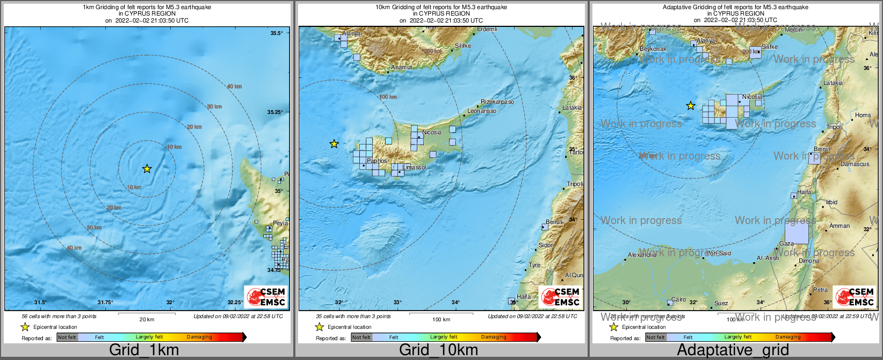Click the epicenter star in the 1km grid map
[147, 169]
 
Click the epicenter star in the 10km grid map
[334, 143]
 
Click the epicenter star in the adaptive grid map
[691, 106]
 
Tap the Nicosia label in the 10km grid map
[432, 132]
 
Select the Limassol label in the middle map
[415, 167]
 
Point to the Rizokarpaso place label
[497, 102]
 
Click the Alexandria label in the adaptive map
[642, 255]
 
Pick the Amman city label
[839, 226]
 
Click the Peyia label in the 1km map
[280, 223]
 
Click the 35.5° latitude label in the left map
[276, 33]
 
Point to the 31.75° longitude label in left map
[105, 303]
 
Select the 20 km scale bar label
[147, 319]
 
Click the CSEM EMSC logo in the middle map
[560, 297]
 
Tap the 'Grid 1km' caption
[143, 350]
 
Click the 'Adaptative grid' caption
[733, 350]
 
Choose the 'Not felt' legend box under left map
[67, 337]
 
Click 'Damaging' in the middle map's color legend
[493, 337]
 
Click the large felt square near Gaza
[797, 233]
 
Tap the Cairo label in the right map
[678, 299]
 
